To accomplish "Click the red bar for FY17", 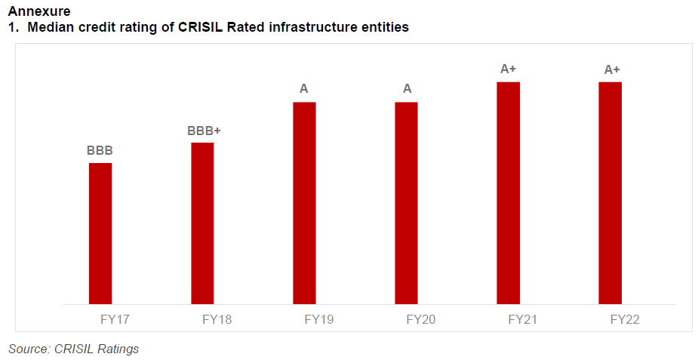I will [100, 233].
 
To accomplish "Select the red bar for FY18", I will [202, 223].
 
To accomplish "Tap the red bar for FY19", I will [304, 202].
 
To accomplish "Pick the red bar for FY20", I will [406, 202].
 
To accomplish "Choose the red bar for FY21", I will [508, 192].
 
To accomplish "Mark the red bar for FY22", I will [610, 192].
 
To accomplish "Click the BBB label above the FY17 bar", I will [100, 150].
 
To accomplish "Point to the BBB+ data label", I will [204, 131].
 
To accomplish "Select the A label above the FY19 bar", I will [304, 89].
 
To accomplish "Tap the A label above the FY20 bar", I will [407, 89].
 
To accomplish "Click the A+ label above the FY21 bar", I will [509, 69].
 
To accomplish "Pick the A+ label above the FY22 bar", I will [612, 69].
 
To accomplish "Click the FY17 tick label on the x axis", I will [115, 319].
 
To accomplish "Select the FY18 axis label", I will [217, 319].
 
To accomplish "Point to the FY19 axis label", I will [318, 319].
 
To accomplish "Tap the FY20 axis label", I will [420, 319].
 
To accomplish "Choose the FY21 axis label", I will [522, 319].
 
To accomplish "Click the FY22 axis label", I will [624, 319].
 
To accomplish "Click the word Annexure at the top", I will [38, 11].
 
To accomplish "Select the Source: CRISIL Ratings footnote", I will [73, 349].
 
